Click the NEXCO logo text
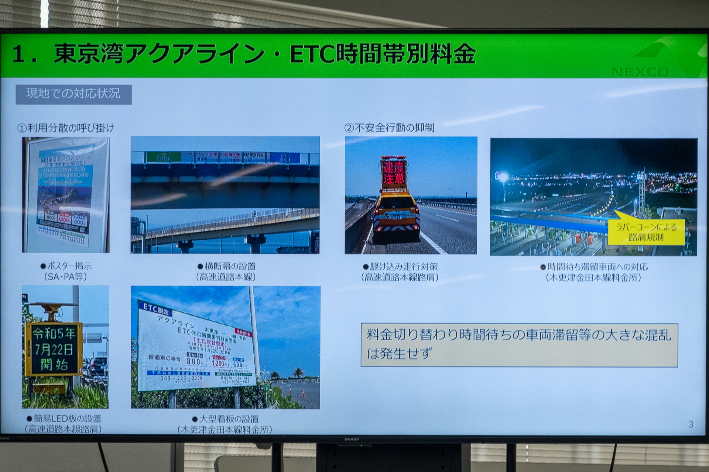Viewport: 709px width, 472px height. coord(640,72)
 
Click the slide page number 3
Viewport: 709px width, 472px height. coord(691,424)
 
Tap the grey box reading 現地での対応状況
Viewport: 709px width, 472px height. coord(73,94)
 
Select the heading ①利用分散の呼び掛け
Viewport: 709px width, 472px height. coord(66,128)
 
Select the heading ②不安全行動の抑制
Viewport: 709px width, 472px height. coord(389,128)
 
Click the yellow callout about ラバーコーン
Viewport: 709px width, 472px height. coord(646,232)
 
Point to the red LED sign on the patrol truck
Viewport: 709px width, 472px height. coord(394,173)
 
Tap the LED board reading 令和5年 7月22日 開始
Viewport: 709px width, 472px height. coord(54,349)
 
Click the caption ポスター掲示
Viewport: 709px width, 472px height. coord(66,266)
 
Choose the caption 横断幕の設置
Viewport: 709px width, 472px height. coord(226,266)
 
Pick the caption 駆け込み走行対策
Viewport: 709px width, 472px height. coord(400,267)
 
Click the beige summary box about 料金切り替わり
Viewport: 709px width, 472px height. coord(519,345)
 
